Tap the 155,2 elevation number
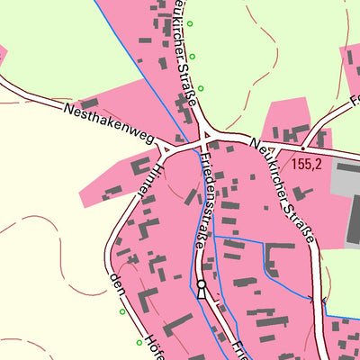tap(308, 165)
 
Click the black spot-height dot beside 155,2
tap(304, 145)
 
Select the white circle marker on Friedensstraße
tap(202, 287)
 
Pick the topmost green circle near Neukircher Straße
tap(190, 23)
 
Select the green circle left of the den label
tap(122, 312)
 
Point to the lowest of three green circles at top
tap(201, 88)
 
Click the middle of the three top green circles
tap(192, 56)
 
